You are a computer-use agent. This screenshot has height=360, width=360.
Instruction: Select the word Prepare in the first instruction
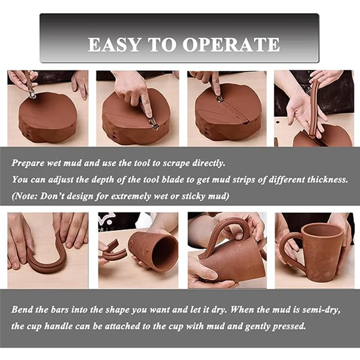click(28, 163)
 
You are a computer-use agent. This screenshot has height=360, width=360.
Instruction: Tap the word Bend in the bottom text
click(22, 310)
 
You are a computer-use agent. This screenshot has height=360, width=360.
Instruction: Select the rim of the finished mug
click(321, 228)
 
